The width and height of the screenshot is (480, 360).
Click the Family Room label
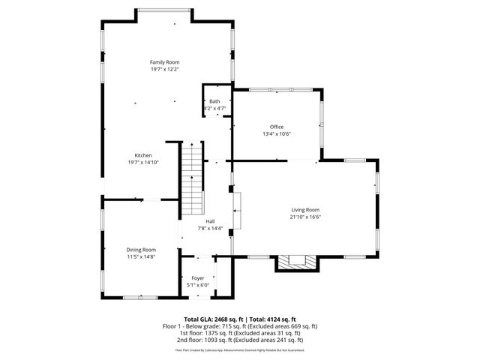click(164, 62)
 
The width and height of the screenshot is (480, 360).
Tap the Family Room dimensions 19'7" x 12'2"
click(164, 69)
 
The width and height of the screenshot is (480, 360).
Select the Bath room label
click(214, 101)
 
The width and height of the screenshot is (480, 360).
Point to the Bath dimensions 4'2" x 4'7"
click(214, 109)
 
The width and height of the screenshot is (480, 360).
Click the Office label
click(277, 127)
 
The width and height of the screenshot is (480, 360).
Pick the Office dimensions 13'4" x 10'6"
click(277, 134)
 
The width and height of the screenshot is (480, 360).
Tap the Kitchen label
click(143, 155)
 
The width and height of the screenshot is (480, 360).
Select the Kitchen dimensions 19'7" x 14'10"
click(143, 162)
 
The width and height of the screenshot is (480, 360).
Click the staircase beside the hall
click(193, 180)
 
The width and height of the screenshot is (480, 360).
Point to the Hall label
click(210, 221)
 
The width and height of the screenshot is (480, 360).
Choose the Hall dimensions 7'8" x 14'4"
click(210, 228)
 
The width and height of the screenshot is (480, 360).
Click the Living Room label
click(305, 210)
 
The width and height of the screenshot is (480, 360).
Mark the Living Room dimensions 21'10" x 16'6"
click(305, 217)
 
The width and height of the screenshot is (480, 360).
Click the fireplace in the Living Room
click(298, 262)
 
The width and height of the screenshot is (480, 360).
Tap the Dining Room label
click(141, 250)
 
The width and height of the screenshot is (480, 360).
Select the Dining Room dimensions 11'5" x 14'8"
click(141, 256)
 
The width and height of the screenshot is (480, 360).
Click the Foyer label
click(198, 278)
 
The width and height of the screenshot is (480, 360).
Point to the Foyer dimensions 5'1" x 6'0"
click(198, 285)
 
